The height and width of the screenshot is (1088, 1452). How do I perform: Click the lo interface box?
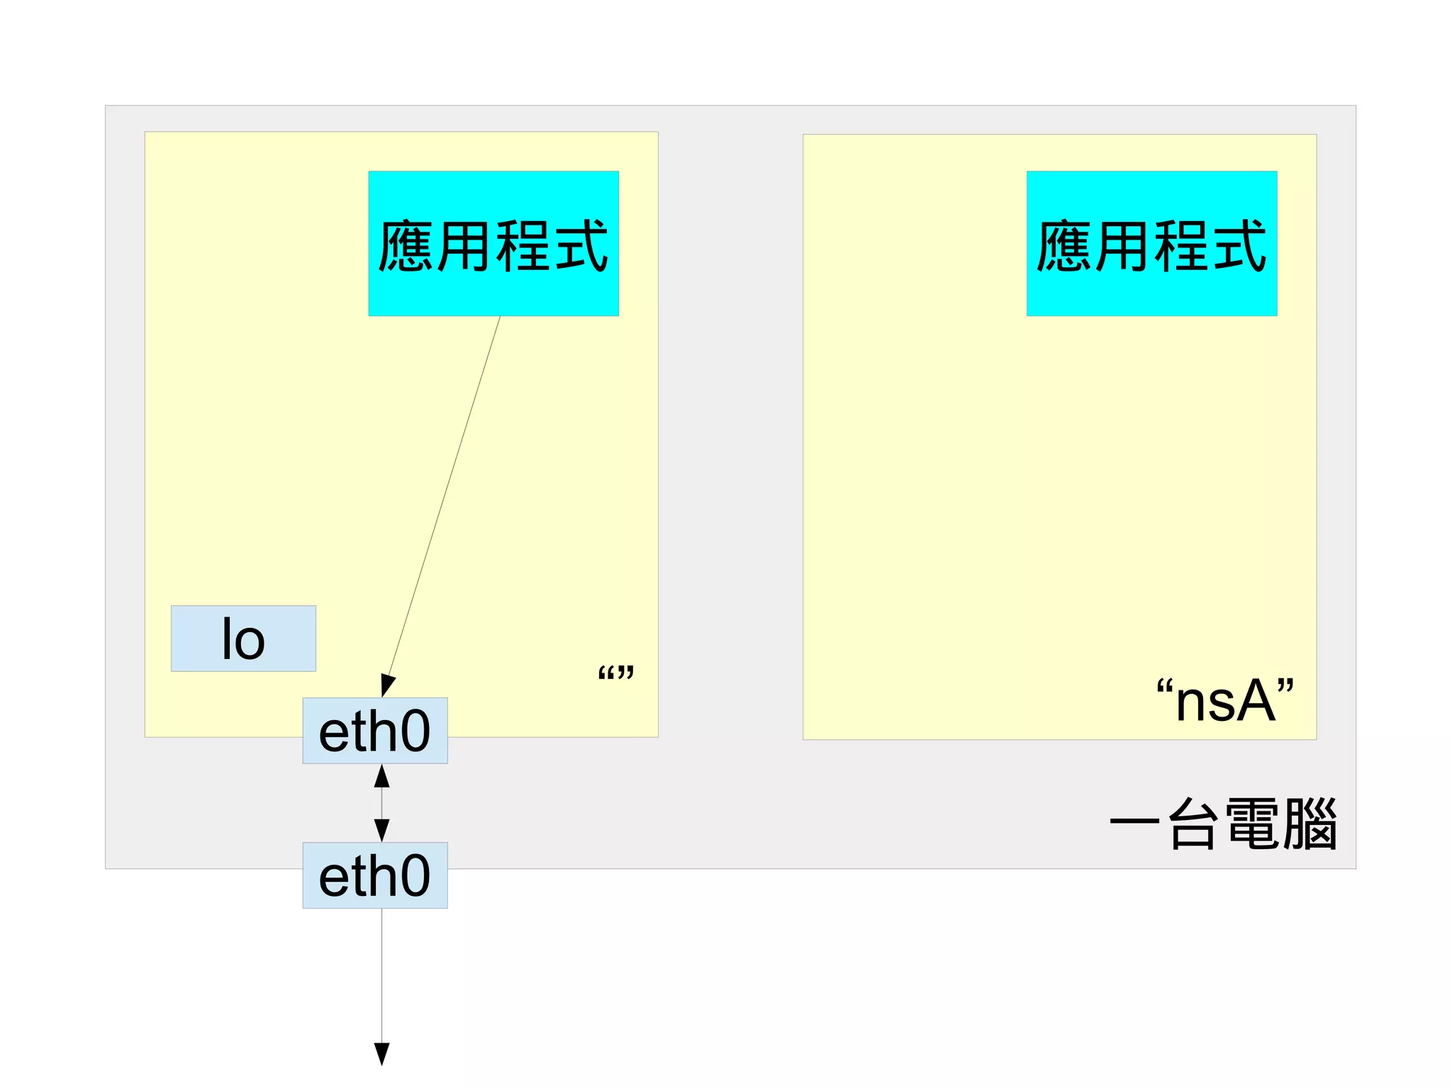coord(243,638)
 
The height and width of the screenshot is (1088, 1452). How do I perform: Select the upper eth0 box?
coord(374,730)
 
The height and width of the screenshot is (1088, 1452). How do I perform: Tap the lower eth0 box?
coord(374,875)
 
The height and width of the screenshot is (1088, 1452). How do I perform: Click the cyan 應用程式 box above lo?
coord(493,243)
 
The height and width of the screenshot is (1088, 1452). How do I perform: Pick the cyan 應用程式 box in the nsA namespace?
coord(1151,243)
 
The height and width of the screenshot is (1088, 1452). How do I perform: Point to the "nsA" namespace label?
coord(1224,700)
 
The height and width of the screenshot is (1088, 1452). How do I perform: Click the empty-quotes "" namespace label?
coord(615,673)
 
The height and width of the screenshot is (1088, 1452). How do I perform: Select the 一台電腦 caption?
coord(1223,823)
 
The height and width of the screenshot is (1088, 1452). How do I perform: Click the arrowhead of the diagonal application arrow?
coord(387,685)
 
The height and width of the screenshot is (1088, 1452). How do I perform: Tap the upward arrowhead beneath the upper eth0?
coord(381,776)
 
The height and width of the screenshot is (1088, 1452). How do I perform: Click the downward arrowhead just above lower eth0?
coord(381,830)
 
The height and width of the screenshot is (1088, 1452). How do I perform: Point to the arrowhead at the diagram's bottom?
coord(381,1054)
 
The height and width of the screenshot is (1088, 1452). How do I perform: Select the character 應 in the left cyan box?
coord(406,246)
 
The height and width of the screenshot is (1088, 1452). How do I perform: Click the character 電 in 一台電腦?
coord(1252,823)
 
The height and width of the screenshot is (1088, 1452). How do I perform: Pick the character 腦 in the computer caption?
coord(1310,823)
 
